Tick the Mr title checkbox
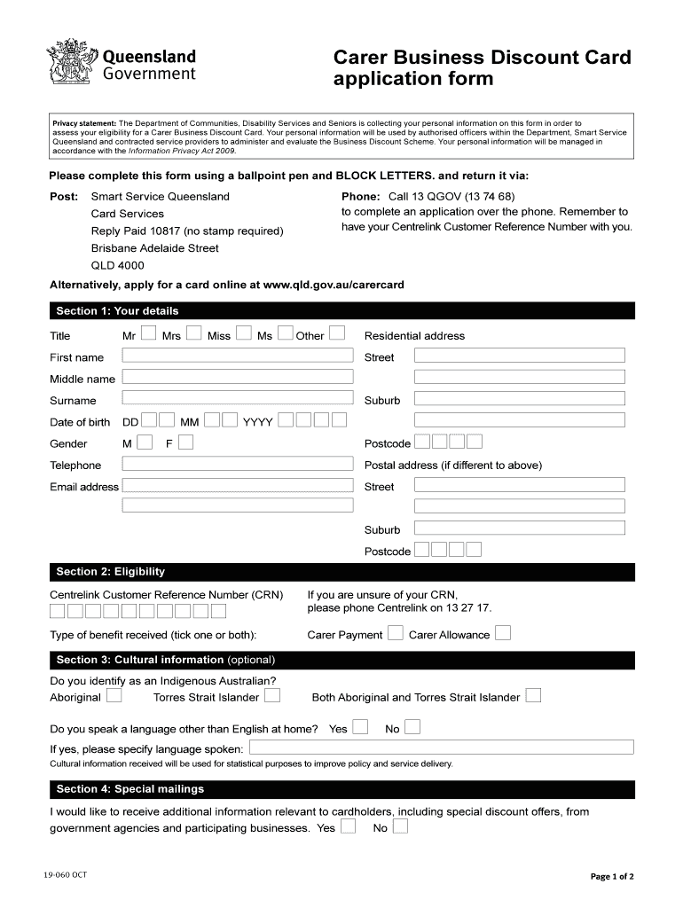149,334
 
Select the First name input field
237,356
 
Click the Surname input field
237,399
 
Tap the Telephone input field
237,464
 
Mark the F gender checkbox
185,442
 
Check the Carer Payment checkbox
396,633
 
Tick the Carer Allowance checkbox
503,633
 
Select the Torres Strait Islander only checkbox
272,696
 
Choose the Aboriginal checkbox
114,696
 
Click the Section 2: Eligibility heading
110,572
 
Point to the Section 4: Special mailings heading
130,789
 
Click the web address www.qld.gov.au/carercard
334,285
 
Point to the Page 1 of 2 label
612,877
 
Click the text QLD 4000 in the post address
117,265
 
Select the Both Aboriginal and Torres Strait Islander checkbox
533,696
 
